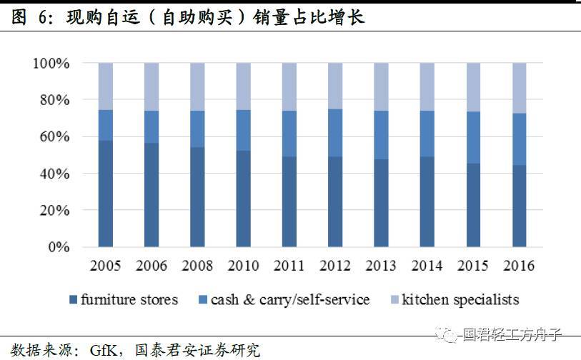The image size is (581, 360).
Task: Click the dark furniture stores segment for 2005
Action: pos(105,194)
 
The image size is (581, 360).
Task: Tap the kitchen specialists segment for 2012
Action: pos(335,86)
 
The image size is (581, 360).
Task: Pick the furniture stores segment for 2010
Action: pos(243,199)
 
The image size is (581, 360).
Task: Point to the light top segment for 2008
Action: pos(197,86)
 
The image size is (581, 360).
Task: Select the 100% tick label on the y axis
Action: pos(51,64)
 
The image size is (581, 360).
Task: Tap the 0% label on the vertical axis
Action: pos(58,248)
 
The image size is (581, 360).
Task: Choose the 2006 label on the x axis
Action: pos(151,266)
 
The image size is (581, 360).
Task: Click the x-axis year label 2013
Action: pos(381,266)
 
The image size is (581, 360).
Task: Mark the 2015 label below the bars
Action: pos(473,266)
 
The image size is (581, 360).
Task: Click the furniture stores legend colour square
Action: pos(73,300)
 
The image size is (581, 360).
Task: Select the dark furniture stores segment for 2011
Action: pos(289,202)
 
